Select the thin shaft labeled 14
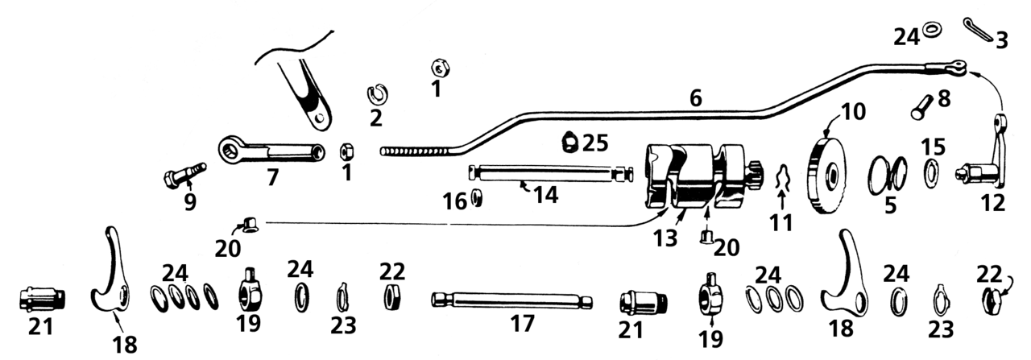[550, 172]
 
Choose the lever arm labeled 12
[984, 155]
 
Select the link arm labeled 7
[274, 151]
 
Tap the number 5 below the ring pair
[889, 205]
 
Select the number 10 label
[853, 110]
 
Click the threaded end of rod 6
[411, 151]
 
